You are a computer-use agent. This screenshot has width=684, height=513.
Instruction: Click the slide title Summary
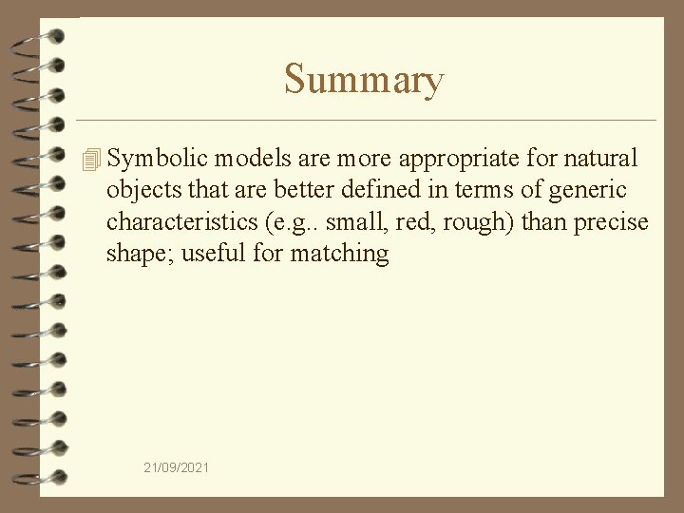[363, 80]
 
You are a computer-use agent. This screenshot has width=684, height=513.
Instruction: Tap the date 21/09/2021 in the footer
[178, 467]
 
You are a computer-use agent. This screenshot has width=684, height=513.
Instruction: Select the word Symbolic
[159, 158]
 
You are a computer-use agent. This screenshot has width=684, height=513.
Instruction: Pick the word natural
[602, 158]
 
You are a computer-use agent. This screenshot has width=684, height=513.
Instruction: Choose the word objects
[142, 190]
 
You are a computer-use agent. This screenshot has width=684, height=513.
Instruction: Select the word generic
[585, 191]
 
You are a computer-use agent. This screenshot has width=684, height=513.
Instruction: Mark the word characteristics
[184, 221]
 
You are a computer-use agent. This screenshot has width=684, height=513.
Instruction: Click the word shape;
[138, 255]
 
